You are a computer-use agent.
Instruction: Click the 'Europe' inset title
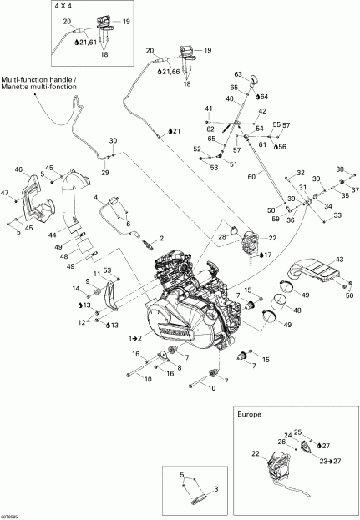(250, 414)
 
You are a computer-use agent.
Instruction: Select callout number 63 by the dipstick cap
(238, 74)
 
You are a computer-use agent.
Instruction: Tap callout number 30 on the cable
(113, 140)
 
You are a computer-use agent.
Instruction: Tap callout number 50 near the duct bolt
(349, 295)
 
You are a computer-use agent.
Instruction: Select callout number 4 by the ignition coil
(97, 198)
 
